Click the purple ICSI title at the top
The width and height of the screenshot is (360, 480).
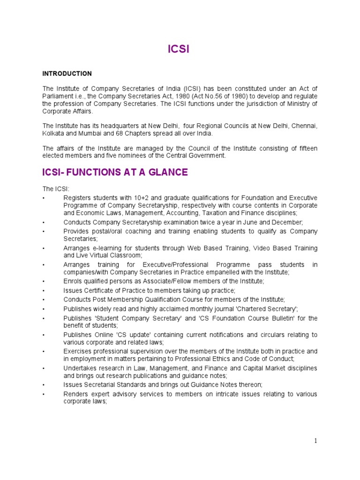point(179,49)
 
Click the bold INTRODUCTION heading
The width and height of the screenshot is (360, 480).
point(67,74)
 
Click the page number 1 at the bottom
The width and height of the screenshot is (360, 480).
point(316,440)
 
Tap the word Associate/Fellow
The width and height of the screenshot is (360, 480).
point(162,281)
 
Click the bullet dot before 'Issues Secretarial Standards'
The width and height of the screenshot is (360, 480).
point(43,385)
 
